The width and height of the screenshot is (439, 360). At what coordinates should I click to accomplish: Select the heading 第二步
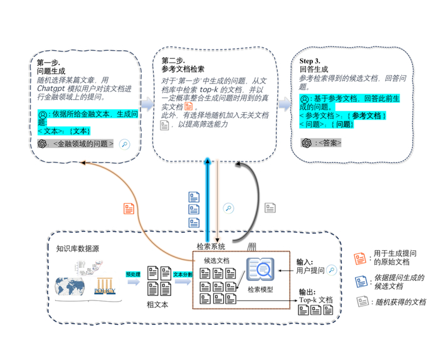tap(173, 61)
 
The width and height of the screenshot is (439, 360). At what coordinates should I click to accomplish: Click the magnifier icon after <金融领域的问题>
tap(124, 144)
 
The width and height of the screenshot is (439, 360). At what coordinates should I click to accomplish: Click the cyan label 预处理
tap(132, 273)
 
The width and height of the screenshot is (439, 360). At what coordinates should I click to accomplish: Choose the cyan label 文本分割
tap(182, 274)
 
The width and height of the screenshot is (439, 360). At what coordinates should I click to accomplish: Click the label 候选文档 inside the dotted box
tap(216, 260)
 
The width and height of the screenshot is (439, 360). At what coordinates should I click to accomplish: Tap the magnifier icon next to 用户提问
tap(331, 270)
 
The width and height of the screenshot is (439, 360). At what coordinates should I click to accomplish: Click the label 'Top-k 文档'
tap(315, 300)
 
